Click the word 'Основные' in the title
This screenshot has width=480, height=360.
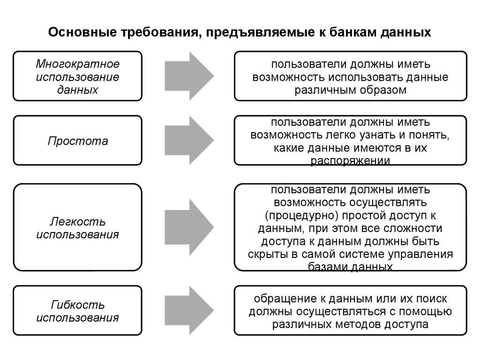[x=77, y=32]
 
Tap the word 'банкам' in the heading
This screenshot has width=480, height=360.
[x=350, y=32]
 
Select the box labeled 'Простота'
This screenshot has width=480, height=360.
[x=77, y=141]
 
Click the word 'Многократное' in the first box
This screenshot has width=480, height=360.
[x=78, y=64]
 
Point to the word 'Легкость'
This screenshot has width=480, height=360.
[x=78, y=221]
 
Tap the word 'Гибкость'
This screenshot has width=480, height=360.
[x=78, y=305]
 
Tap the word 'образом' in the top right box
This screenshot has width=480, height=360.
[x=383, y=90]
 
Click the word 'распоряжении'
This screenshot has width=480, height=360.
[x=351, y=161]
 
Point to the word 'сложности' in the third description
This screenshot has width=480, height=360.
[x=410, y=229]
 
